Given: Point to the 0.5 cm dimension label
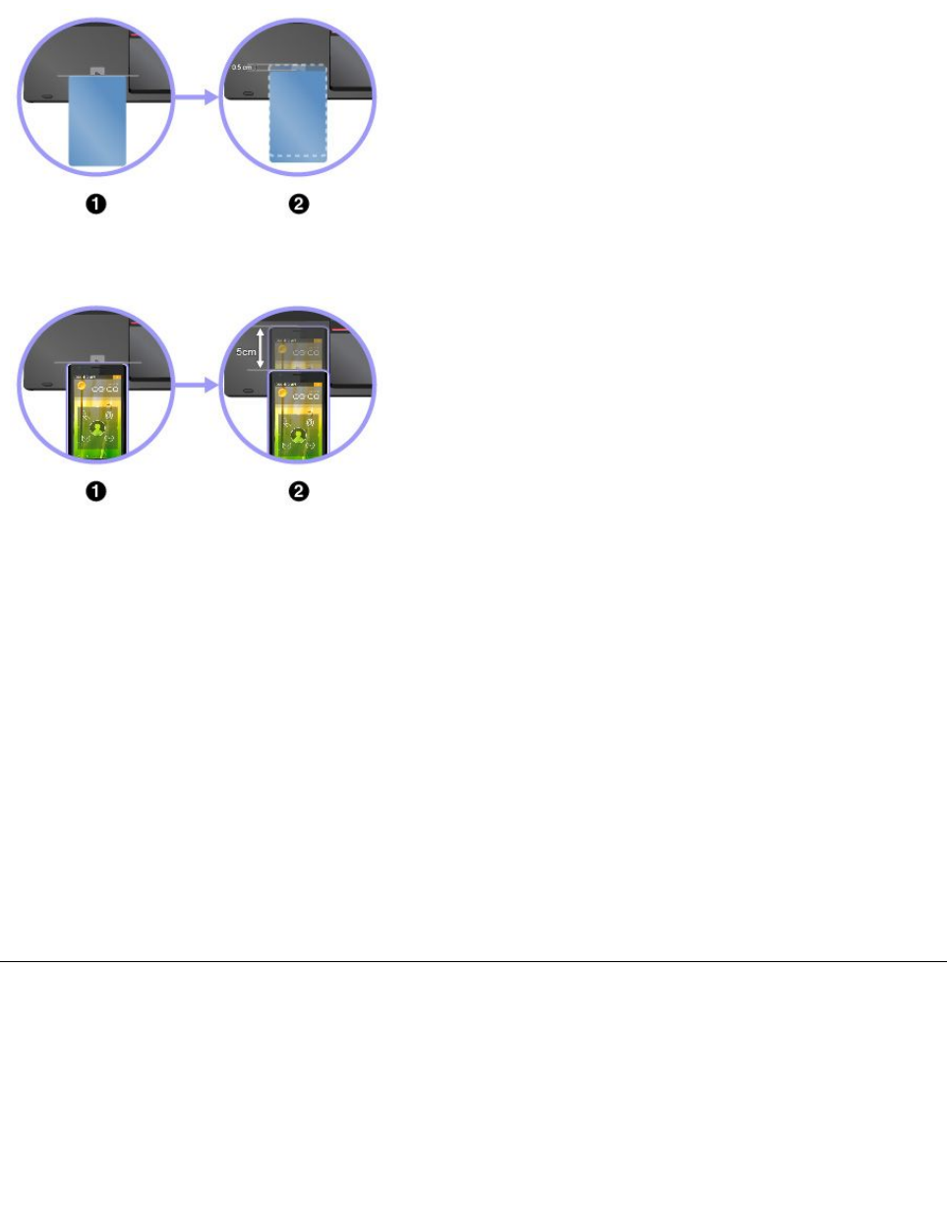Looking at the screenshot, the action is click(242, 68).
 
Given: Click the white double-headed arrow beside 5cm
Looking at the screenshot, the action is click(260, 348).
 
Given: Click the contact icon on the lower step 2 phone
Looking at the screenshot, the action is click(297, 430).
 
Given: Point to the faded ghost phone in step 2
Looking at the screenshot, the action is click(297, 345).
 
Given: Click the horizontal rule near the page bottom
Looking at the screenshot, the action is click(473, 961).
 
